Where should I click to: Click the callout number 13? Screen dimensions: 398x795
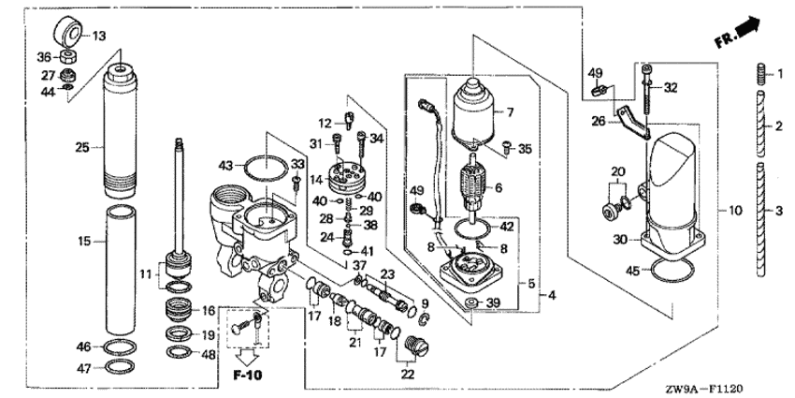(99, 36)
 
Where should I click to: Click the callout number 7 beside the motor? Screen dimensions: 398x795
(510, 112)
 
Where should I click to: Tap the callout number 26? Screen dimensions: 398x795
(599, 120)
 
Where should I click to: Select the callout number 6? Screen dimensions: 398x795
(498, 187)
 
